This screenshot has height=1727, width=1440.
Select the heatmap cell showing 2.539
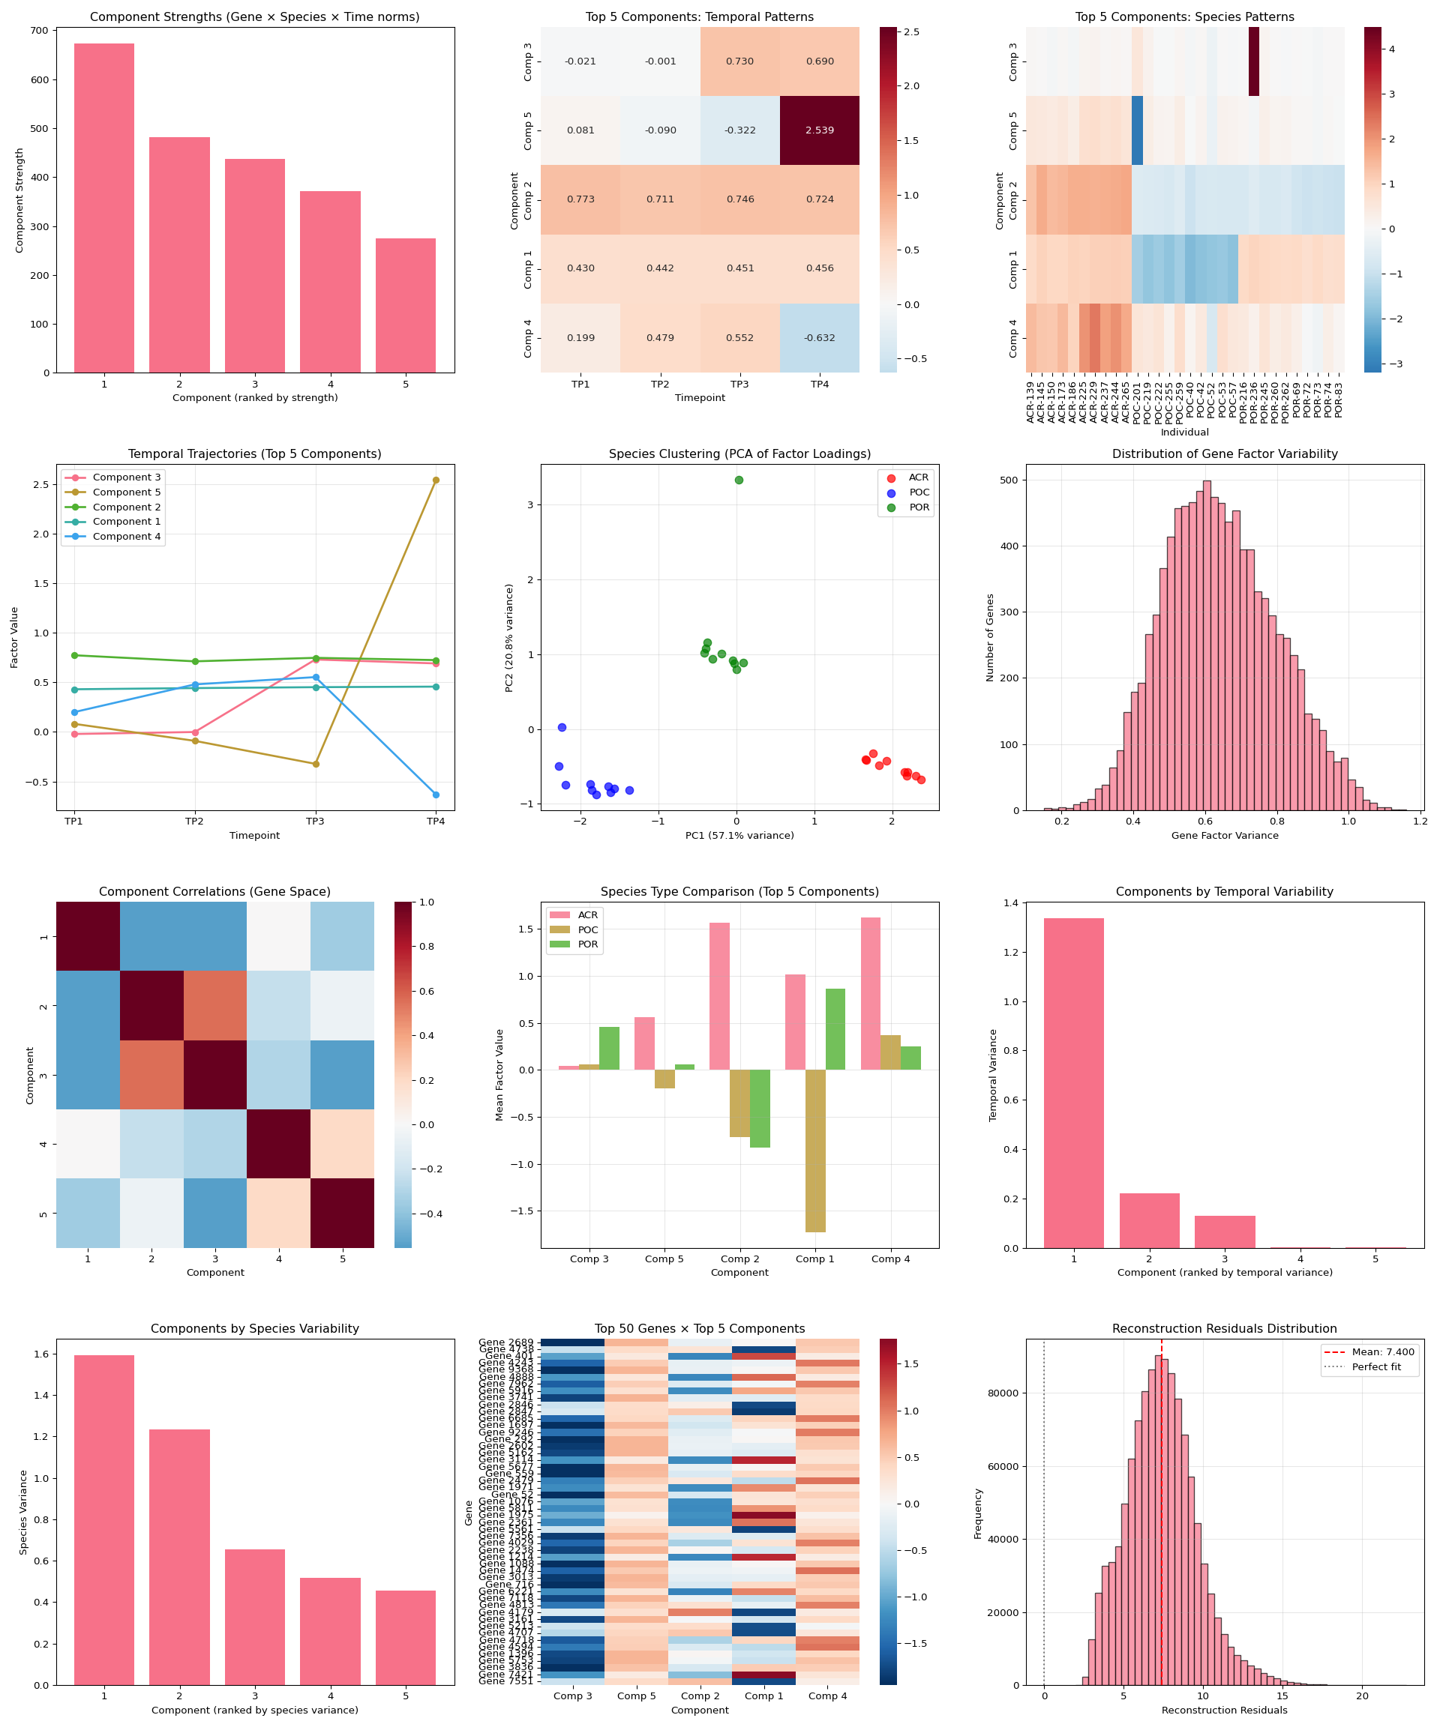tap(820, 130)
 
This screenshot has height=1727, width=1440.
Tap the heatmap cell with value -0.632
tap(820, 337)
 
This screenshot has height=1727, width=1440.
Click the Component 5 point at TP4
tap(435, 480)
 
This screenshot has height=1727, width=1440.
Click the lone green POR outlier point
tap(739, 480)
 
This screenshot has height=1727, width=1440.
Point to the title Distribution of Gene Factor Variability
tap(1225, 454)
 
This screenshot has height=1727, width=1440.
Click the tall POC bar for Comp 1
tap(815, 1151)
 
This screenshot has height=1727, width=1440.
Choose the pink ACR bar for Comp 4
tap(871, 993)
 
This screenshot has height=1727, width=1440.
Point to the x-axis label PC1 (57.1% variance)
tap(739, 836)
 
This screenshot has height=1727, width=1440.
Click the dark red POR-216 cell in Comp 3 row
tap(1253, 61)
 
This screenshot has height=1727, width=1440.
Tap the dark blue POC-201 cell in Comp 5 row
tap(1137, 130)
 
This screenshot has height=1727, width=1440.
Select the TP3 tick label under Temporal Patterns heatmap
tap(739, 384)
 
